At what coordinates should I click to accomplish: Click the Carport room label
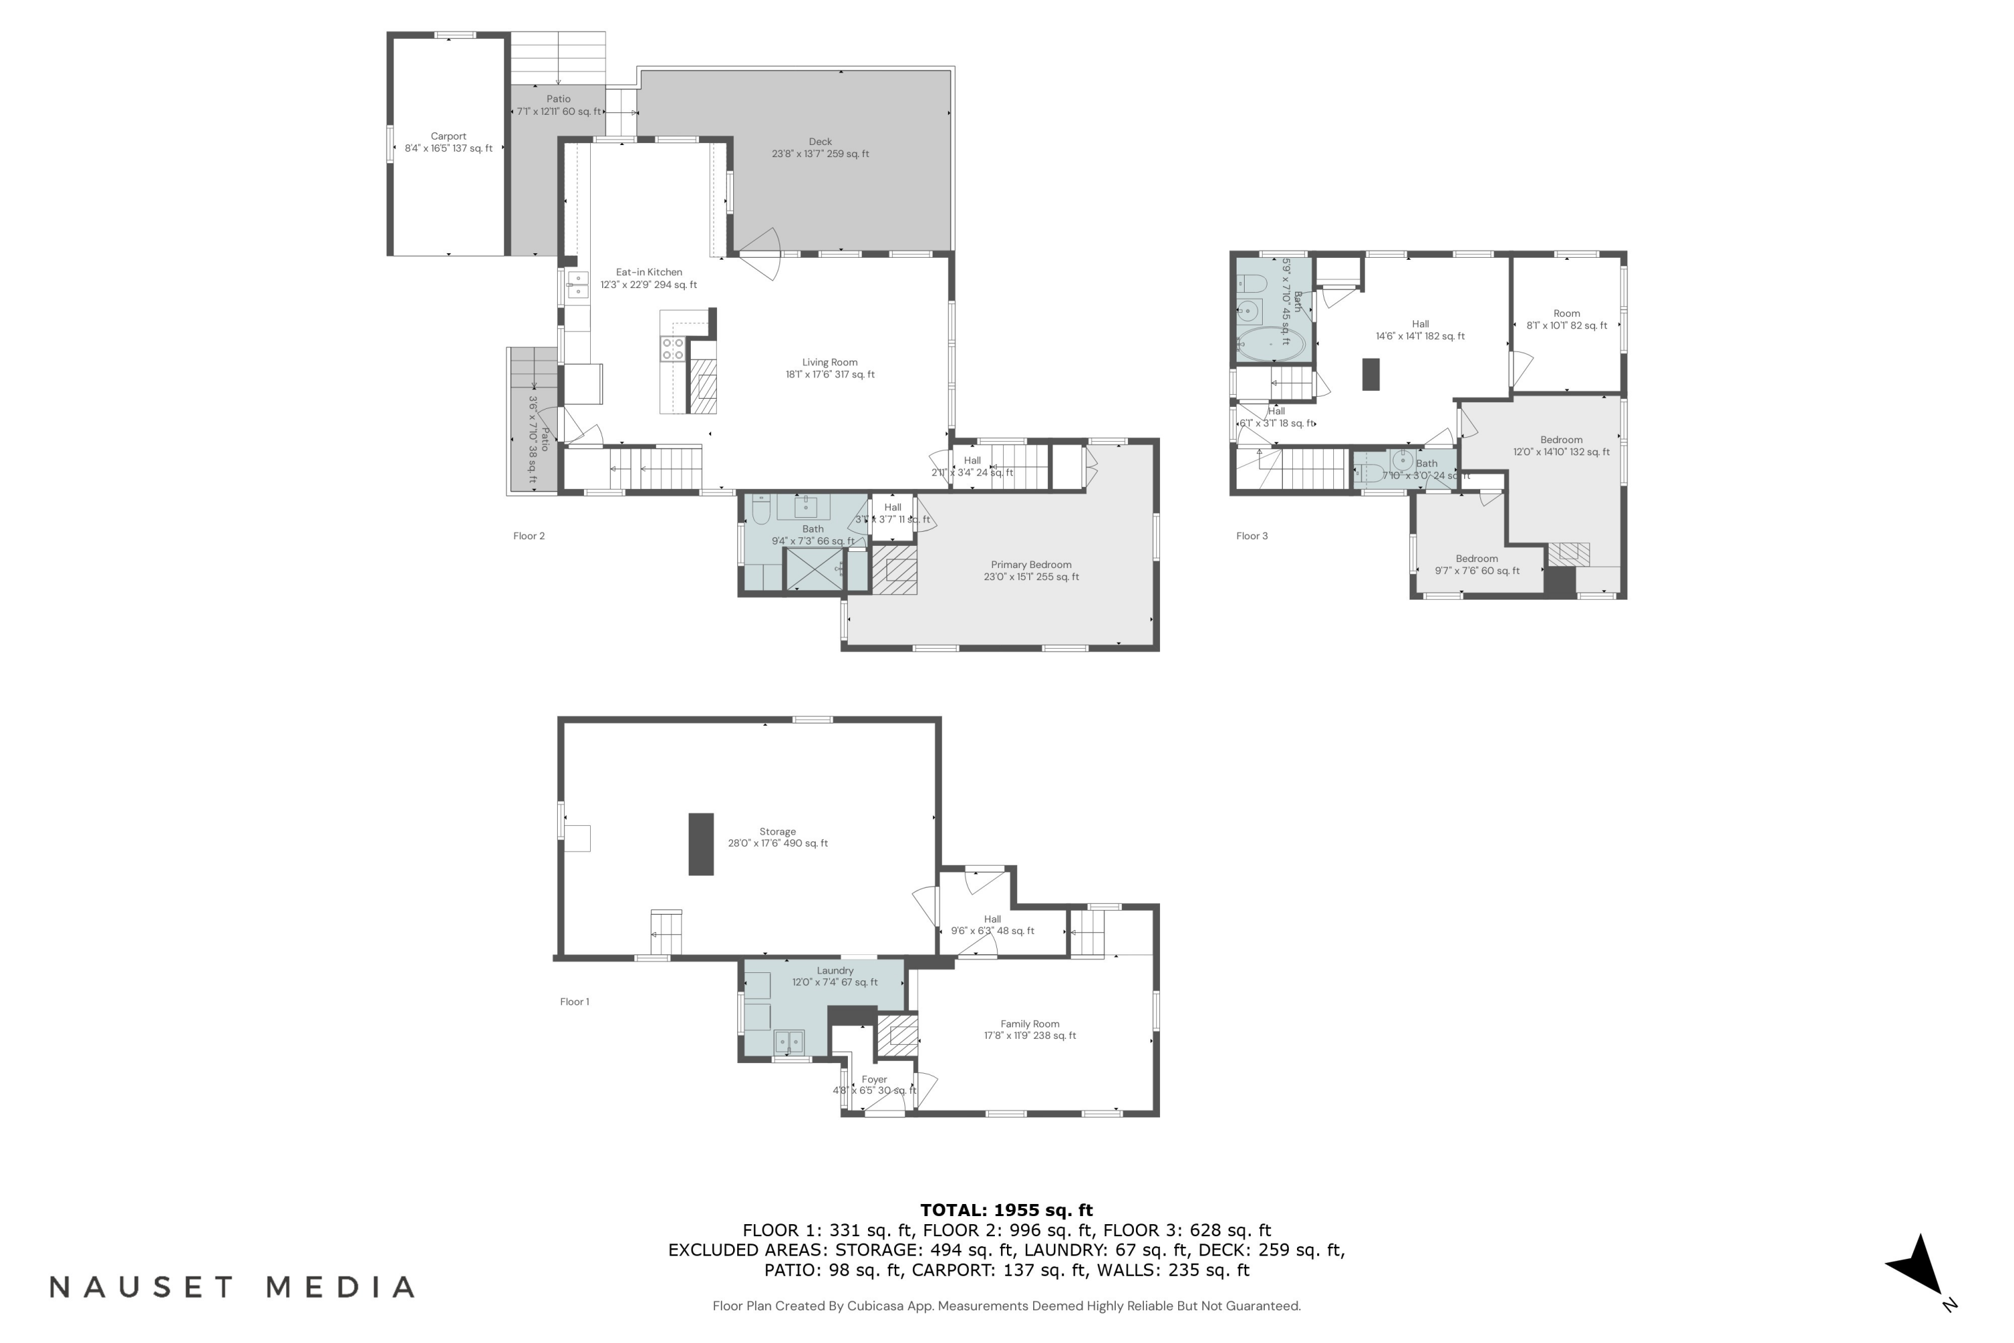coord(448,142)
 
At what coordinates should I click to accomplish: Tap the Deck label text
coord(820,147)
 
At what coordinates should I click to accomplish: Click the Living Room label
coord(829,368)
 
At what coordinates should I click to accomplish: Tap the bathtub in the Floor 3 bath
coord(1271,344)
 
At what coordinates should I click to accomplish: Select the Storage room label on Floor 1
coord(777,837)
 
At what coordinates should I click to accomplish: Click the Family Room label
coord(1029,1029)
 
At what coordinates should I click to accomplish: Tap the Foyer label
coord(873,1084)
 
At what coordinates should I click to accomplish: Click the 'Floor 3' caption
coord(1251,536)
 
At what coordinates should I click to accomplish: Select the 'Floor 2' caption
coord(528,536)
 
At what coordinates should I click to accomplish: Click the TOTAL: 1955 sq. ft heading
coord(1006,1210)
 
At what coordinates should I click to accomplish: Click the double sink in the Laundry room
coord(789,1041)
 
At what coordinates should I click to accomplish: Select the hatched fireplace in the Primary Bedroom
coord(894,569)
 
